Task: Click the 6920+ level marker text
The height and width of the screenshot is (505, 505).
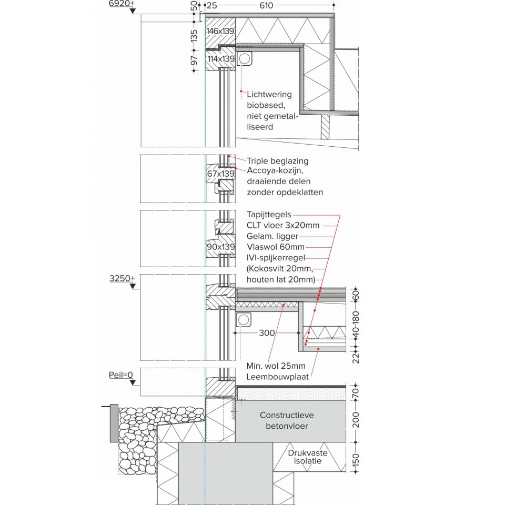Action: point(122,4)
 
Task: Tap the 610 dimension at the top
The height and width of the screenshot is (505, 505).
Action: point(266,5)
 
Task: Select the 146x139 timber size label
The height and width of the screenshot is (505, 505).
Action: point(220,31)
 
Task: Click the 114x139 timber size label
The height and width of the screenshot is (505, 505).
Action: point(221,59)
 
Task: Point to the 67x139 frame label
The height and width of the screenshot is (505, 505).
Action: point(220,174)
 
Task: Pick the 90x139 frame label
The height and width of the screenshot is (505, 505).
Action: point(220,247)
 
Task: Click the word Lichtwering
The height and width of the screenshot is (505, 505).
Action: point(269,94)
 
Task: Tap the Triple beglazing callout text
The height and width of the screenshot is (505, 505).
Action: point(278,161)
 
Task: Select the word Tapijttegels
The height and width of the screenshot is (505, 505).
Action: point(269,215)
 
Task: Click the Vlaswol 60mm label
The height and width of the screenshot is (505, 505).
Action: point(276,247)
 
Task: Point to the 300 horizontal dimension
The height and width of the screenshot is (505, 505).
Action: point(267,332)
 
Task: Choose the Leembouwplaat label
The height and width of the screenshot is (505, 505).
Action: point(278,377)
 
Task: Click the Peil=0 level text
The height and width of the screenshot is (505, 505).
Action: point(121,375)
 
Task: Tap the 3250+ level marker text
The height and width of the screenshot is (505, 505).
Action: point(123,278)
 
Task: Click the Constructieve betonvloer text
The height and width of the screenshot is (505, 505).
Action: point(287,421)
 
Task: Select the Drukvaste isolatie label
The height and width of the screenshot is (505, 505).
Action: point(308,457)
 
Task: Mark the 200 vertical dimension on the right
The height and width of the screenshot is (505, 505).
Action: point(356,420)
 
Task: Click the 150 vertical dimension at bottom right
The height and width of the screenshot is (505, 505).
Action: point(356,460)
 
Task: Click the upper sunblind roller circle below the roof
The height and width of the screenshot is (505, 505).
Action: point(244,58)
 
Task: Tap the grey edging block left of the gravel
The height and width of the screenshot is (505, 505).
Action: point(114,423)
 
